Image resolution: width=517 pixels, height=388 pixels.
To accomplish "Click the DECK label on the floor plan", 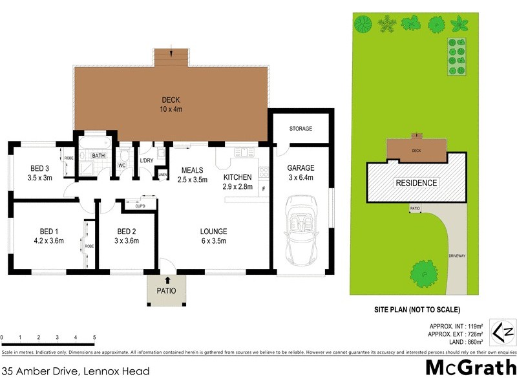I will pos(171,100).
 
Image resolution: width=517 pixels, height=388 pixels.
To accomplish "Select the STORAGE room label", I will pos(301,129).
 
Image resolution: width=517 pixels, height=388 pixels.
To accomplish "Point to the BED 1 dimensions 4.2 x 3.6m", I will pos(48,241).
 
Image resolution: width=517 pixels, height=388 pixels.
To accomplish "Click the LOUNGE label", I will pos(213,232).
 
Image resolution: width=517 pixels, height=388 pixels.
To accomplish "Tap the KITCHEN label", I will pos(237,177).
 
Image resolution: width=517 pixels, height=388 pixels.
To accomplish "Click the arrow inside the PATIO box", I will pos(167,281).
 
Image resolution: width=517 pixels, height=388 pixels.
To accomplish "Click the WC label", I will pos(121,166).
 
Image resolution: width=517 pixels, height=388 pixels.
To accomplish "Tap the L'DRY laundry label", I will pos(146,160).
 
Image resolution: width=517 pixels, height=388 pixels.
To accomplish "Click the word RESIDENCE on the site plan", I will pos(416,183).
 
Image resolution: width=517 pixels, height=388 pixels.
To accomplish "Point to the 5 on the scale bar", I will pos(94,338).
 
